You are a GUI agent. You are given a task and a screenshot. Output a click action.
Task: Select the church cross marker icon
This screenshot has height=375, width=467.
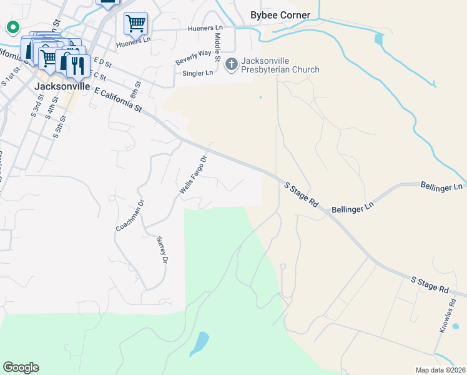coord(231,64)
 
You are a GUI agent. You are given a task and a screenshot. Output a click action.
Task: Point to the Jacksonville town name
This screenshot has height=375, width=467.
coord(63,86)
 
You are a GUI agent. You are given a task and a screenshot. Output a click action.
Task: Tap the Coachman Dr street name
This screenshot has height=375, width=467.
coord(130,216)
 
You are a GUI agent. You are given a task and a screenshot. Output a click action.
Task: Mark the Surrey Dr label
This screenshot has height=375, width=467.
coord(162,249)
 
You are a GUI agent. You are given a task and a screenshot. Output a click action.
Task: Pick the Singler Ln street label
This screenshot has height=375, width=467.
coord(197,73)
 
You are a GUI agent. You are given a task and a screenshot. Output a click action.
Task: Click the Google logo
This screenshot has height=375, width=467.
coord(21,367)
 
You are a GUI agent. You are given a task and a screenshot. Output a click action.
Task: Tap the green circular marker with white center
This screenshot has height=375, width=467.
coord(12,27)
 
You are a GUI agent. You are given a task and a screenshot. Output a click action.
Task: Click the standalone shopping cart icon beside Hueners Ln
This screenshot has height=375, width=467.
coord(135,24)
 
